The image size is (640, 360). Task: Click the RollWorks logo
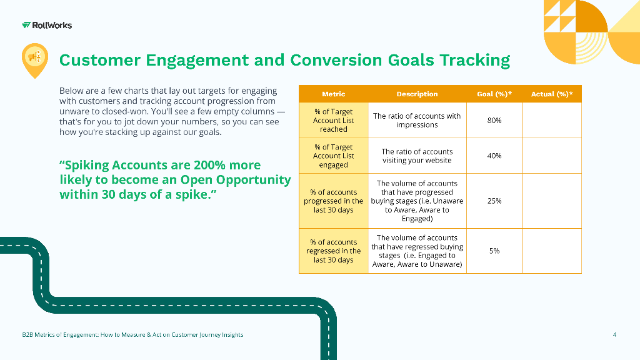coord(47,25)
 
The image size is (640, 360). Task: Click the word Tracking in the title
coord(475,61)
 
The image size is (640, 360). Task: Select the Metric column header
coord(334,94)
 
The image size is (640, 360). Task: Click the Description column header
coord(417,94)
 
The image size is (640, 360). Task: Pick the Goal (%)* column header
coord(494,94)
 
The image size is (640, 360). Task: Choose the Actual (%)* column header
coord(552,94)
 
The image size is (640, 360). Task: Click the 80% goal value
coord(494,121)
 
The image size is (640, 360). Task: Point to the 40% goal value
coord(494,156)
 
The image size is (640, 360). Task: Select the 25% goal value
coord(494,201)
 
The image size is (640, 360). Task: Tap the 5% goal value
coord(494,251)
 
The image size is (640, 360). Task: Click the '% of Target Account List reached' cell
coord(334,121)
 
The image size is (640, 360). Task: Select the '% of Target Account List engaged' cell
coord(334,156)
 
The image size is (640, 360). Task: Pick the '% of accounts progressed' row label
coord(334,201)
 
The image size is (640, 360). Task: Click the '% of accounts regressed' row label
coord(334,251)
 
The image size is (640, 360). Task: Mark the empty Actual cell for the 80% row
coord(552,121)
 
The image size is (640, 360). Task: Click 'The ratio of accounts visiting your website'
coord(417,156)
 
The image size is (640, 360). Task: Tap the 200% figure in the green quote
coord(209,165)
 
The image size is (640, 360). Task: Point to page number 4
coord(614,335)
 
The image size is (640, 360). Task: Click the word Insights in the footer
coord(232,335)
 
